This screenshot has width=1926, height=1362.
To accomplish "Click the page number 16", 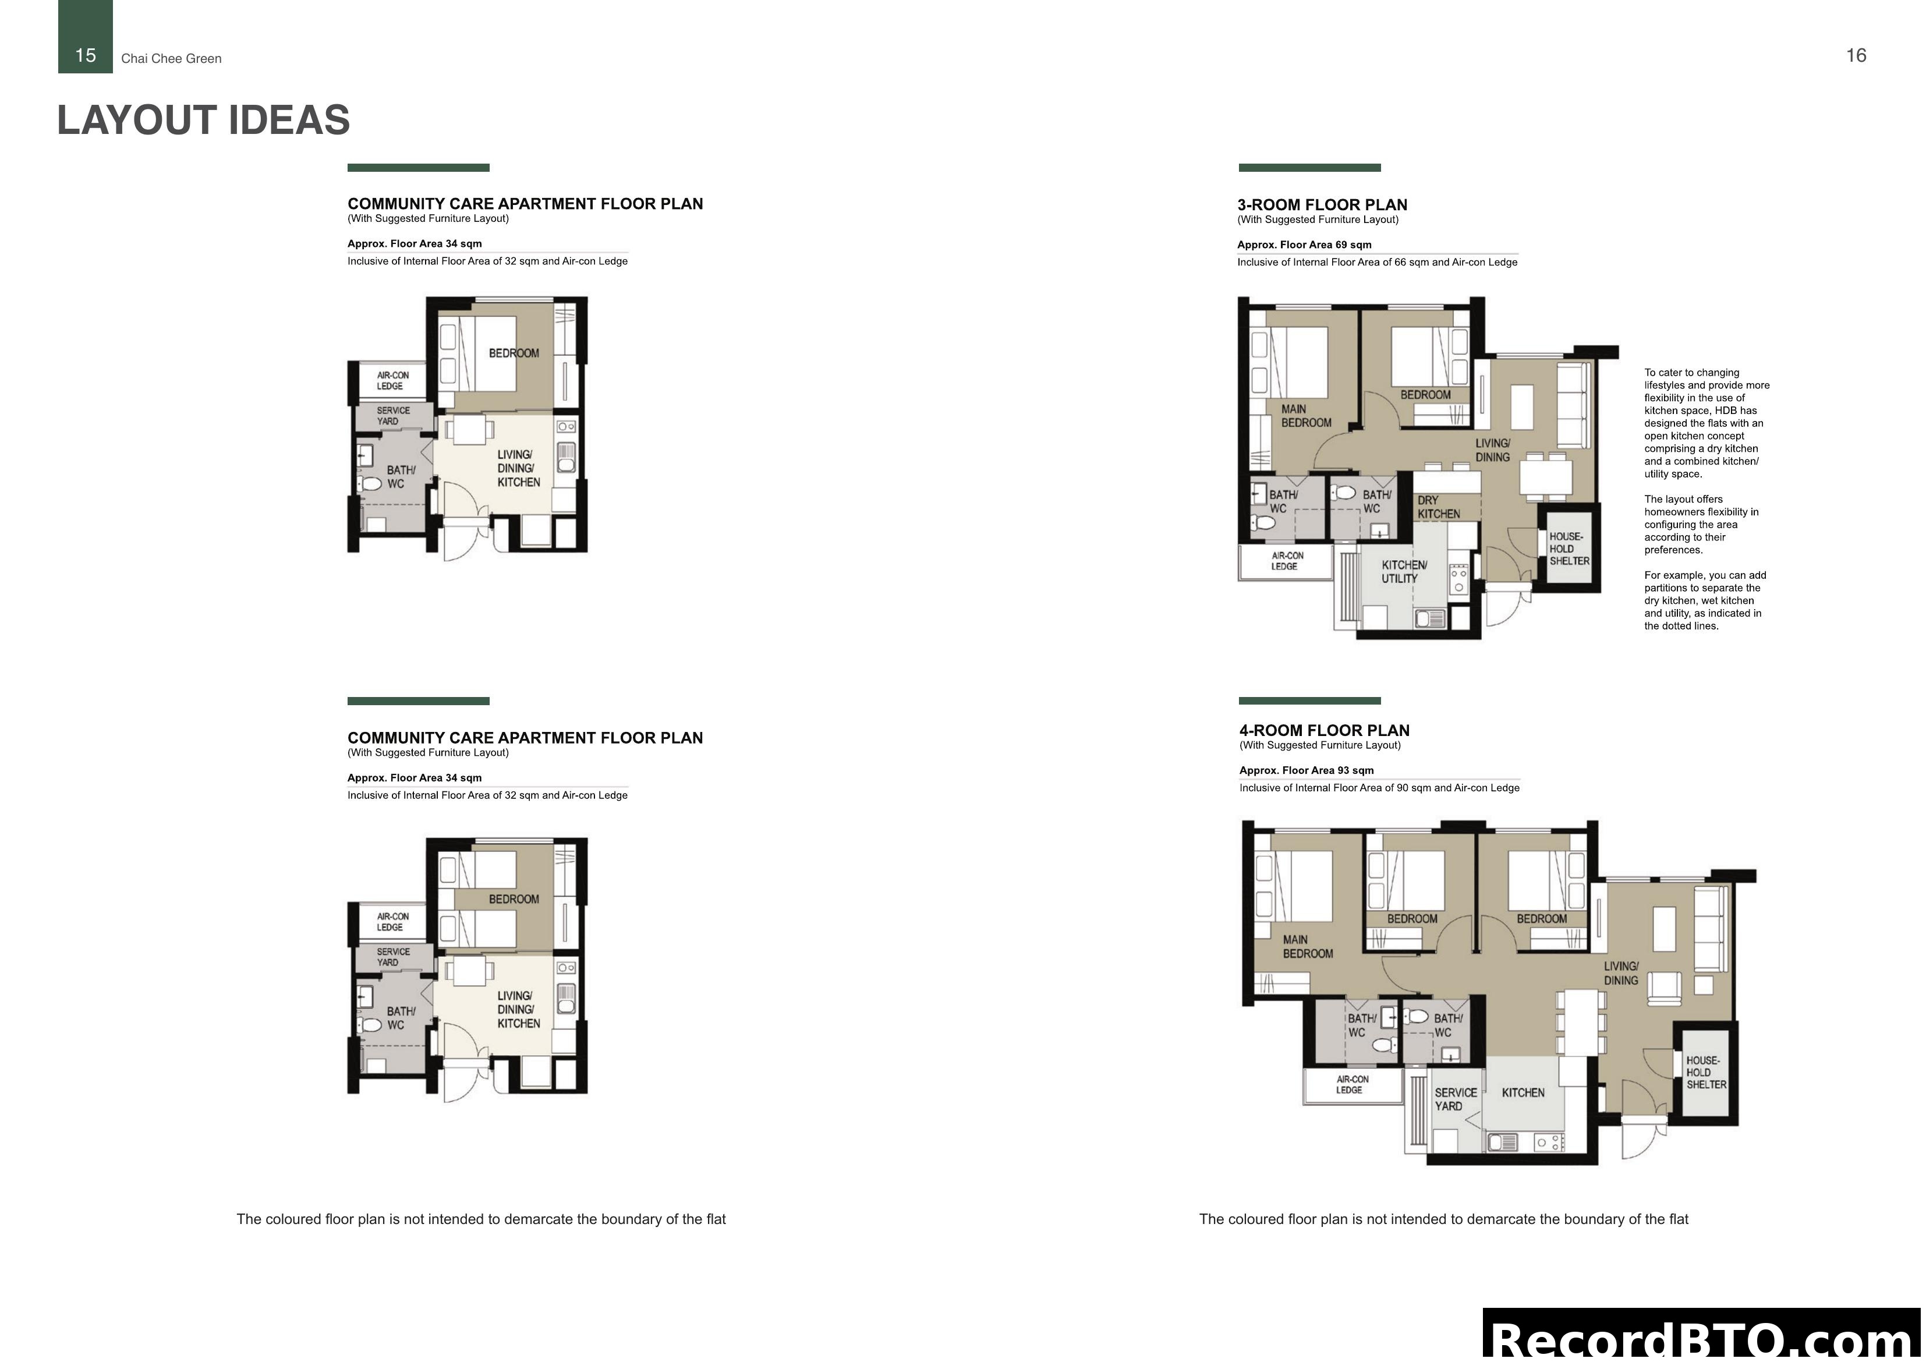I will click(1856, 55).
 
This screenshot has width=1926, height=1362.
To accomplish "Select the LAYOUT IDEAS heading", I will click(203, 120).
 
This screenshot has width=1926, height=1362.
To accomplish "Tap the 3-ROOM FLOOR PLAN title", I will click(1322, 205).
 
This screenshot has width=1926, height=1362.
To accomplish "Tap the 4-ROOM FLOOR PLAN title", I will click(1324, 730).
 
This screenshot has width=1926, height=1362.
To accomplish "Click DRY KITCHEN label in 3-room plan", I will click(1439, 507).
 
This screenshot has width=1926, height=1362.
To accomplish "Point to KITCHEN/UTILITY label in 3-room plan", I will click(1403, 571).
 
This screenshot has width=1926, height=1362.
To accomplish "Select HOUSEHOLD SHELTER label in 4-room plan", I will click(1707, 1073).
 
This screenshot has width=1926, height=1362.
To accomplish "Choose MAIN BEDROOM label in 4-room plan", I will click(1307, 947).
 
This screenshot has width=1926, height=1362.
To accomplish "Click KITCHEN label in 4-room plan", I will click(1523, 1092).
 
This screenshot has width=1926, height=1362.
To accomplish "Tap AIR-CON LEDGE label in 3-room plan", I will click(1287, 561).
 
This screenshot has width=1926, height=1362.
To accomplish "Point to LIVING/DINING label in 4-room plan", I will click(1621, 974).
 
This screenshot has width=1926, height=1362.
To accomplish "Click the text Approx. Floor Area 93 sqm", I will click(1306, 770).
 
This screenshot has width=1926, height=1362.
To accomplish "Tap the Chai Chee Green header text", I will click(171, 59).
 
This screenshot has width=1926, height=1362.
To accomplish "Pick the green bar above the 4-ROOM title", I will click(1309, 701).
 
